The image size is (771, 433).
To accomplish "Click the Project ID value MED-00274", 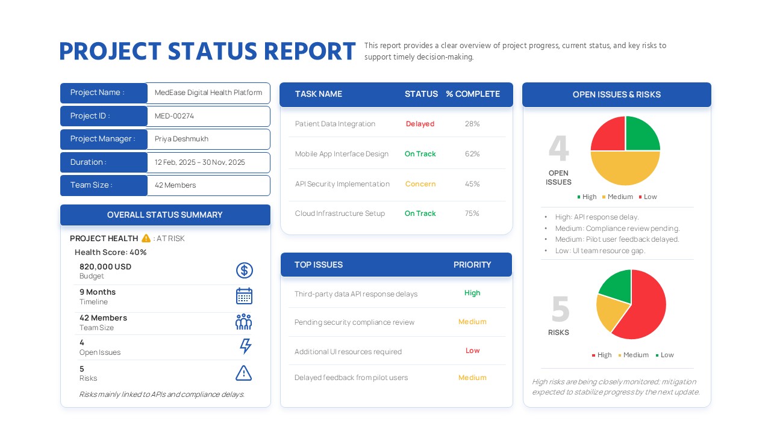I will point(174,116).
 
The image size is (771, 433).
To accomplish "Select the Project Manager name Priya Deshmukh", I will point(181,139).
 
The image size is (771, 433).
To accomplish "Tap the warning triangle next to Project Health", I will point(146,238).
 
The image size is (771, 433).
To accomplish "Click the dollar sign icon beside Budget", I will point(244,271).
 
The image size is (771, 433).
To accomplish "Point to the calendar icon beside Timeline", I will point(244,296).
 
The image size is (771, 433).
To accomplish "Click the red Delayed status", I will point(420,124).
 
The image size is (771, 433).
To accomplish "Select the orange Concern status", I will point(420,184).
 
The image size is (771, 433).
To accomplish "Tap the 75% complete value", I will point(472,213).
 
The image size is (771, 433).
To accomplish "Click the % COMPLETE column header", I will point(473,94).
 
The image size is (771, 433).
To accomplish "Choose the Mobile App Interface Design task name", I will point(342,154).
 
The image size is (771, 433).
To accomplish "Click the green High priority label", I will point(472,293).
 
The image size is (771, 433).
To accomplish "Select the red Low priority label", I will point(472,351).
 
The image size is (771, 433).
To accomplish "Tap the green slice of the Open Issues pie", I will point(642,134).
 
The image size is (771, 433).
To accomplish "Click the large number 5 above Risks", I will point(560,309).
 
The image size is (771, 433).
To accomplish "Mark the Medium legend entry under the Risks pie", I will point(632,355).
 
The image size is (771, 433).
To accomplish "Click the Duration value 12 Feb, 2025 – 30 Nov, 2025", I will point(199,162).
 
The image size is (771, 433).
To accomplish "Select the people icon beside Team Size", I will point(243,322).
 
